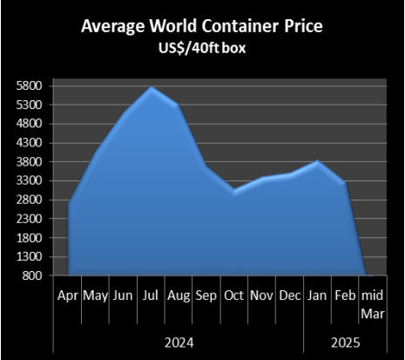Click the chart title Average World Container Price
(x=201, y=26)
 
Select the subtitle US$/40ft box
(x=201, y=47)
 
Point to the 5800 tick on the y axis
(x=31, y=86)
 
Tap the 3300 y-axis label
(x=31, y=181)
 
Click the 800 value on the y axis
(x=34, y=276)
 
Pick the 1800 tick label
(x=31, y=238)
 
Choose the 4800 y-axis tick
(x=31, y=125)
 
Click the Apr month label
(x=68, y=295)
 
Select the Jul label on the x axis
(x=152, y=295)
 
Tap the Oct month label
(x=234, y=295)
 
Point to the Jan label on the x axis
(x=317, y=295)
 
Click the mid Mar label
(x=372, y=303)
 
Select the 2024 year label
(x=179, y=341)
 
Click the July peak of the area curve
(x=152, y=87)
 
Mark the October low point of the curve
(x=234, y=192)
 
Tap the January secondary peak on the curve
(x=318, y=161)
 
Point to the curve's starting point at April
(x=69, y=203)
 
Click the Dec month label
(x=289, y=295)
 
